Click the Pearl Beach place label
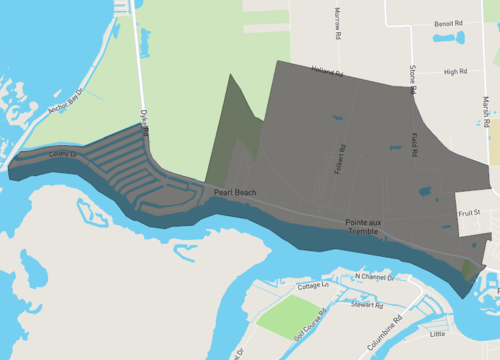(x=233, y=191)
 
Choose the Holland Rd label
(x=326, y=73)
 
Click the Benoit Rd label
(x=448, y=23)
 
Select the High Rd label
(x=456, y=72)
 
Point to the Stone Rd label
(x=412, y=79)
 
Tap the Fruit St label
(x=469, y=213)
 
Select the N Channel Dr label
(x=376, y=275)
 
